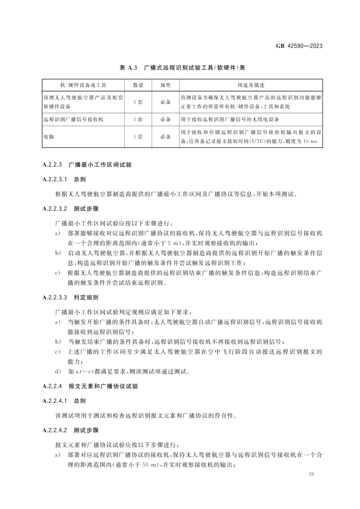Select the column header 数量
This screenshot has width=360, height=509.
[138, 85]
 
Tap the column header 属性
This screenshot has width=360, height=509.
[165, 85]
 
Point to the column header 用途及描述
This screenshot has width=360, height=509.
[250, 85]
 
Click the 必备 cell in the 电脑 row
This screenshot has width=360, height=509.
[165, 137]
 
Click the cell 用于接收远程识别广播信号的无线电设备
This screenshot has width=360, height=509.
[231, 120]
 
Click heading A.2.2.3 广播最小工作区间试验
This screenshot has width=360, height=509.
[87, 165]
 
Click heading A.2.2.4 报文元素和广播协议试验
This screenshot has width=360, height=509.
[90, 386]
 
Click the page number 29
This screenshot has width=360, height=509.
[310, 474]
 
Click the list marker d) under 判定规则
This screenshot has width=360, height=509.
[58, 371]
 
